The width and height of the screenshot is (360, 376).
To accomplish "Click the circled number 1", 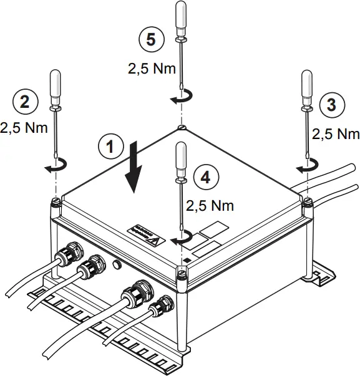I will click(x=110, y=147).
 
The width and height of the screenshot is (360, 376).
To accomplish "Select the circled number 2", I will click(x=24, y=102).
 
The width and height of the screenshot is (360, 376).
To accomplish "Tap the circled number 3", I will click(x=331, y=105).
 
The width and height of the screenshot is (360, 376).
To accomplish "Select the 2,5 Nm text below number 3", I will click(x=336, y=133).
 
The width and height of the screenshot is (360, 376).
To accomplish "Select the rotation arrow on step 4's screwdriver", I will click(x=182, y=238).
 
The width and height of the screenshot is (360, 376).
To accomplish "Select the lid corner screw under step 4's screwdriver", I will click(x=182, y=272).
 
